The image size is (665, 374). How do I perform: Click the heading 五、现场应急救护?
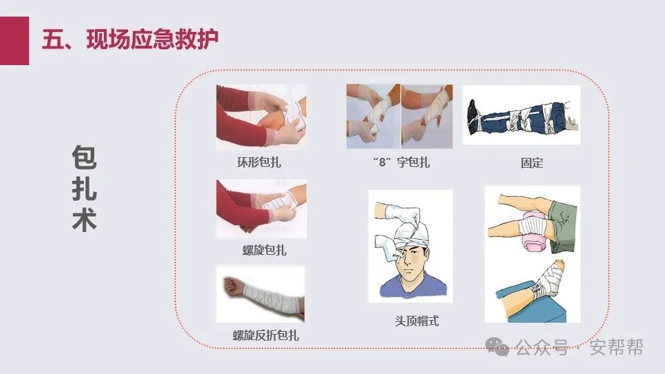pos(130,39)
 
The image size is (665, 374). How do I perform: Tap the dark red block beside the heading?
pos(15,41)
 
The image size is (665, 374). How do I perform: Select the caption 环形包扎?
pos(258,162)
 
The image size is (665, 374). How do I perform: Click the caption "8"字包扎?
pos(401,162)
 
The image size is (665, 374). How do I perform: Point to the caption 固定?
pos(531,163)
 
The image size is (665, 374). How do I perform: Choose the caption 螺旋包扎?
pos(264,250)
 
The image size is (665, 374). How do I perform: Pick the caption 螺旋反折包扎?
pos(266,335)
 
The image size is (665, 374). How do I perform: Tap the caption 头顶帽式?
pos(416,321)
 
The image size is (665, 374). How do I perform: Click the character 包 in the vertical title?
pos(84,157)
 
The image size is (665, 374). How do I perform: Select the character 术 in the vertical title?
pos(84,220)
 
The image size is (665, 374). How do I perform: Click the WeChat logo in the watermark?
pos(497,346)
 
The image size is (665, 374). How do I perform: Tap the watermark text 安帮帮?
pos(617,347)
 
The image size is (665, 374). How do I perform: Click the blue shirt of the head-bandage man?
pos(414,287)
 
